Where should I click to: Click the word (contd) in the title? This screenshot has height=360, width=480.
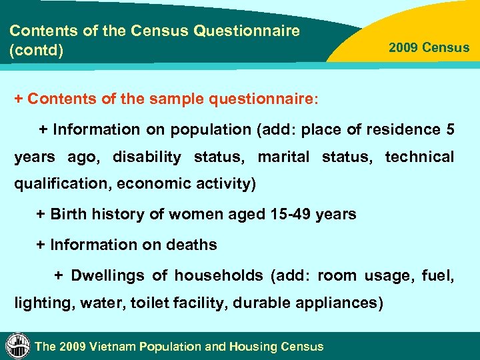tap(37, 50)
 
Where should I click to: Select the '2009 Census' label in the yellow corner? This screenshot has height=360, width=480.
tap(429, 48)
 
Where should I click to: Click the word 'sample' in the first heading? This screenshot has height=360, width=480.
tap(174, 99)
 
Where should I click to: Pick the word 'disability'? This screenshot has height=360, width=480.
tap(147, 157)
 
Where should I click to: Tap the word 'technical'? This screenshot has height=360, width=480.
tap(419, 157)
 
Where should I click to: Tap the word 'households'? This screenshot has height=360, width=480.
tap(218, 275)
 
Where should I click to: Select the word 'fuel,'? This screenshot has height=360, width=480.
tap(439, 275)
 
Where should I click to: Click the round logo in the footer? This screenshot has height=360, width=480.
tap(17, 345)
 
